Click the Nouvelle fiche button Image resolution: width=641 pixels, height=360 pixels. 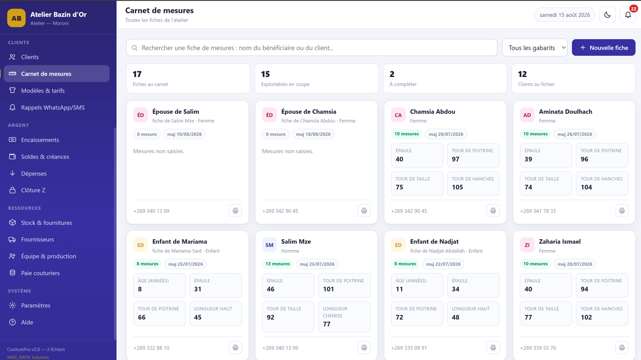point(603,47)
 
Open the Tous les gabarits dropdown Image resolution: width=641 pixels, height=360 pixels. point(535,47)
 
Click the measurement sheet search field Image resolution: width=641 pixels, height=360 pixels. point(312,47)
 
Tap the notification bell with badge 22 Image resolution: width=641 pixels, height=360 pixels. point(628,15)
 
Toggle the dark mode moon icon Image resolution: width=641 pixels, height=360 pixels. point(607,15)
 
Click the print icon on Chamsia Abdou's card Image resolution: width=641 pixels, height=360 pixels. point(493,211)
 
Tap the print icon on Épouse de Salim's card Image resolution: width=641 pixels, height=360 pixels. point(235,211)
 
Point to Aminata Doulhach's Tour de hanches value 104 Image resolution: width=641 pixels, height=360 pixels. point(586,187)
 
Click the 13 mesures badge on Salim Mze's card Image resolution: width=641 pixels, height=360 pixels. point(278,264)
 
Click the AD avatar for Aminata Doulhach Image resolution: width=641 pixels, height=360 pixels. point(527,115)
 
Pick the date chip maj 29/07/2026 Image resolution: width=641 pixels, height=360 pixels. point(446,134)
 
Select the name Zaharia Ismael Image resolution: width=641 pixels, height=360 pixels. point(559,242)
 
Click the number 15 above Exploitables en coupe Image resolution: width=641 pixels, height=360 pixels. point(265,74)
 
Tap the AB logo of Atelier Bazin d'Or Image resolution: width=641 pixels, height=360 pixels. point(16,18)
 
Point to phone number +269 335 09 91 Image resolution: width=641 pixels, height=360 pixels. point(409,348)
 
